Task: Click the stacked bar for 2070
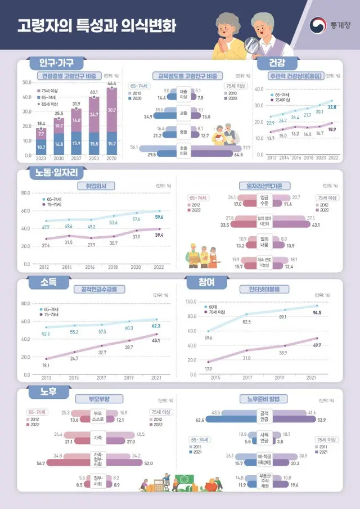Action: [112, 121]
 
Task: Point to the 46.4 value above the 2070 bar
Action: [112, 83]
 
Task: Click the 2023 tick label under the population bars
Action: [41, 159]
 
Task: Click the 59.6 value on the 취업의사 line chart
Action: [159, 217]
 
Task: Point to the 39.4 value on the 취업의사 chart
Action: [159, 235]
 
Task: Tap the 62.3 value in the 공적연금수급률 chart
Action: [156, 325]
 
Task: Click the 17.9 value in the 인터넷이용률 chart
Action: [208, 368]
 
